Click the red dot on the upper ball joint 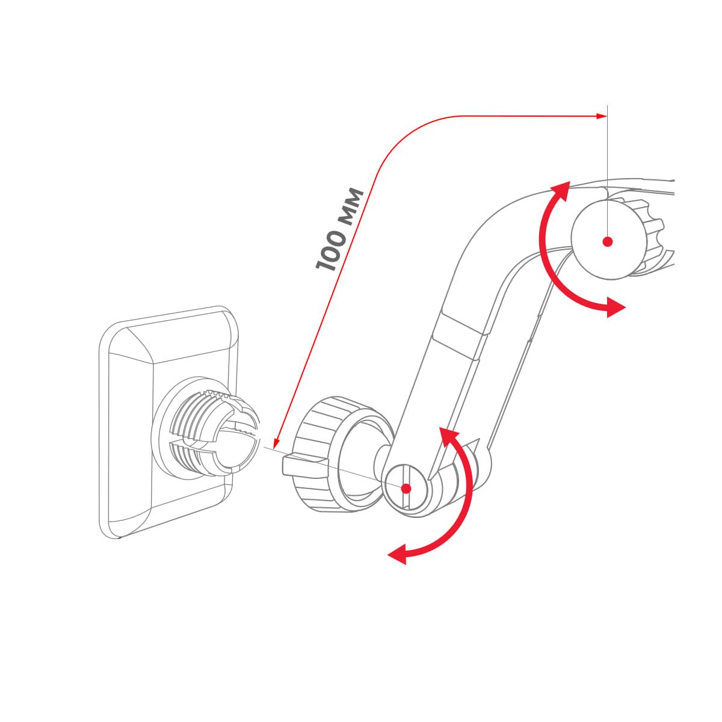pos(608,242)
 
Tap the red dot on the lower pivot pos(406,488)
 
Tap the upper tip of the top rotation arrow pos(563,187)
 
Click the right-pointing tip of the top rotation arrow pos(620,307)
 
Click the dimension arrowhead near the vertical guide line pos(602,116)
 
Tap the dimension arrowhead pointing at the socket pos(275,446)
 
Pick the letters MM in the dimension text pos(353,206)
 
